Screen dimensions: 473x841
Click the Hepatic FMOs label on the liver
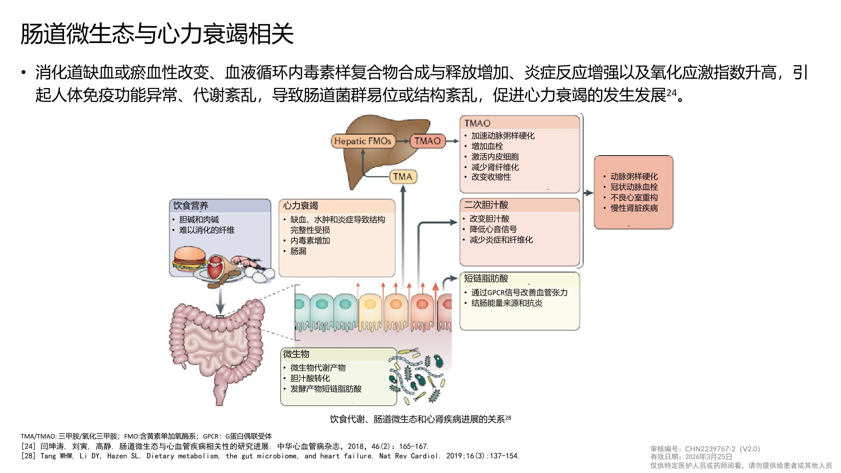click(362, 141)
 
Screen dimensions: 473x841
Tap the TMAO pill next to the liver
click(428, 141)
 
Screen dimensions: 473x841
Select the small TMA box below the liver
click(403, 177)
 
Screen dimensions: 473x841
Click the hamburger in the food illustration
click(190, 258)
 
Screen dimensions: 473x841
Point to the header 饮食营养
click(191, 205)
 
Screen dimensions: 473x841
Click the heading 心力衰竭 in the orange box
click(300, 205)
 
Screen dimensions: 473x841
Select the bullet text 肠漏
click(298, 251)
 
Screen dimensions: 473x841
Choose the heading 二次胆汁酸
click(486, 205)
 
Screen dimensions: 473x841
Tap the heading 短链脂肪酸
click(486, 278)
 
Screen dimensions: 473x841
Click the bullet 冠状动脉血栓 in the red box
click(634, 187)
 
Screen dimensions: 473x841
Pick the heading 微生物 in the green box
click(296, 354)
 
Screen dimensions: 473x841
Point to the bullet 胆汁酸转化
click(310, 378)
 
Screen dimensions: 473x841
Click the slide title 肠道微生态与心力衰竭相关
click(157, 34)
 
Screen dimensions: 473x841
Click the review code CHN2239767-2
click(710, 449)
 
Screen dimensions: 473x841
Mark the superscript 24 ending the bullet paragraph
click(671, 93)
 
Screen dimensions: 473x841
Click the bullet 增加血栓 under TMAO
click(487, 146)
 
